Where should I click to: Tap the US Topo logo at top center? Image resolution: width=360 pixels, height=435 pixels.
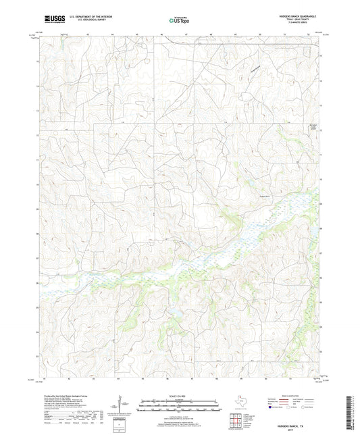click(179, 20)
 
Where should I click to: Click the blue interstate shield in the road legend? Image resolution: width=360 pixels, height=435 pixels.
click(270, 408)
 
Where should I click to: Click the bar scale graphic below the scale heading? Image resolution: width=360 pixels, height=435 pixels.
click(180, 407)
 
